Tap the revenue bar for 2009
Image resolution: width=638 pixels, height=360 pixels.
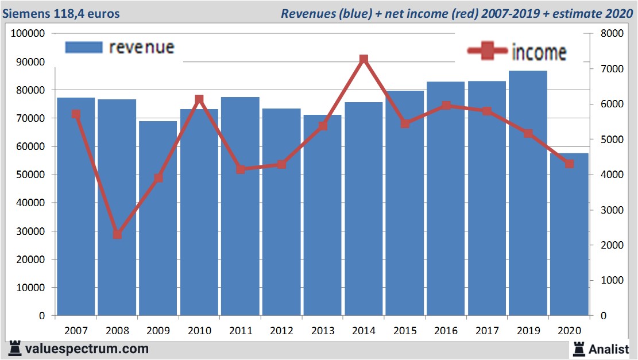point(158,218)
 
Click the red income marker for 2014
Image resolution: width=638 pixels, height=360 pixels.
point(364,59)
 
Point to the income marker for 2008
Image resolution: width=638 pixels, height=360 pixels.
point(117,234)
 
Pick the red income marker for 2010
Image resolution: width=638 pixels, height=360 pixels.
point(199,99)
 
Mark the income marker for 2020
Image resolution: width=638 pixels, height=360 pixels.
point(569,164)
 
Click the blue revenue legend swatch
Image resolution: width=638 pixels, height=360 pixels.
point(83,47)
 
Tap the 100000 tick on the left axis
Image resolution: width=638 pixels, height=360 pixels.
point(28,33)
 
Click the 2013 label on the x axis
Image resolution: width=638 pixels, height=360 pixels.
point(322,331)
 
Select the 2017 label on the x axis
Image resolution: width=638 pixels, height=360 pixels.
point(487,331)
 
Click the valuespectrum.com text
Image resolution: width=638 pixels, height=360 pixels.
point(87,349)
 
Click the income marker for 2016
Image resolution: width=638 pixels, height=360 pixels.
point(446,106)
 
